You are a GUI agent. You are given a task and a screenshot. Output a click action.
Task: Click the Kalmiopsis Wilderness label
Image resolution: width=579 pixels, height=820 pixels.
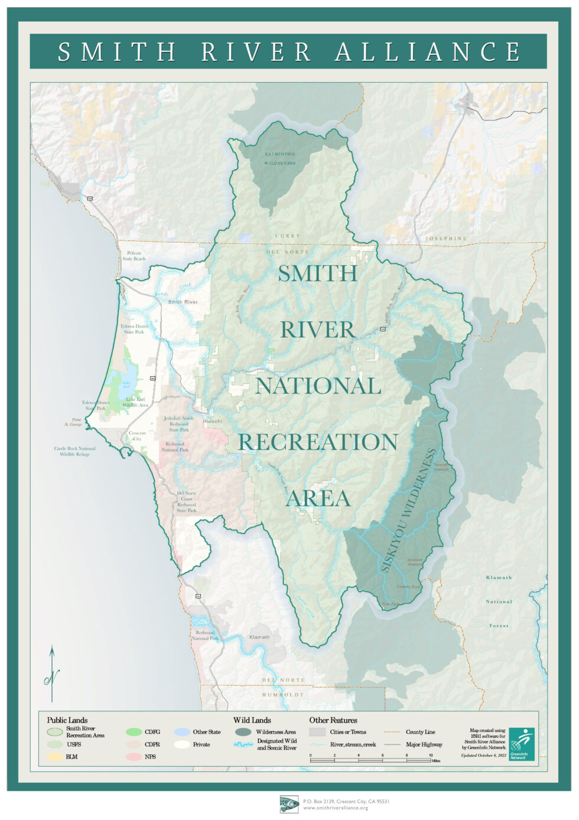pyautogui.click(x=279, y=158)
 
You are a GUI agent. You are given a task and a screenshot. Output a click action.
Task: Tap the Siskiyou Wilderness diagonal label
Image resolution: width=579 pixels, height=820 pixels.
pyautogui.click(x=408, y=510)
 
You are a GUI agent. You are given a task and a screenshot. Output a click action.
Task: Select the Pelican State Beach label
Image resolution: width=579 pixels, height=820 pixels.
pyautogui.click(x=134, y=256)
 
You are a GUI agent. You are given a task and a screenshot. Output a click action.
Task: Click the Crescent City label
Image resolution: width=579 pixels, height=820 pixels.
pyautogui.click(x=137, y=436)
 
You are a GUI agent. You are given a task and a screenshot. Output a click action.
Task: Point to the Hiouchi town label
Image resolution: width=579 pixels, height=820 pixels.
pyautogui.click(x=213, y=421)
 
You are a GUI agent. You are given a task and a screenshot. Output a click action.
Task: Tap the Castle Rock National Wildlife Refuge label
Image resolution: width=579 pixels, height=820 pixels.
pyautogui.click(x=74, y=451)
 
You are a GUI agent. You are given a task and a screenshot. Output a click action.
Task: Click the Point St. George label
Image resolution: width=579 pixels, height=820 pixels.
pyautogui.click(x=73, y=422)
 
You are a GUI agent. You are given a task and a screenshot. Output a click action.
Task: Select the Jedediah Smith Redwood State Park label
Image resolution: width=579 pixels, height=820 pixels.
pyautogui.click(x=179, y=424)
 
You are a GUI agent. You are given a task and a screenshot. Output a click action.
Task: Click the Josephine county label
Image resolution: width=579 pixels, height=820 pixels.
pyautogui.click(x=445, y=239)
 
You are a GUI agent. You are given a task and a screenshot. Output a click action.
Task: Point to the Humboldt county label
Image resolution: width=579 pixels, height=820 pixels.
pyautogui.click(x=283, y=695)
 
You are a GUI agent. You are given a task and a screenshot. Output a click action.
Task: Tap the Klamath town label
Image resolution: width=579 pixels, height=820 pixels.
pyautogui.click(x=259, y=637)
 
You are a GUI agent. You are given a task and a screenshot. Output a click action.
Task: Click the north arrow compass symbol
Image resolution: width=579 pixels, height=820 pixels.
pyautogui.click(x=52, y=673)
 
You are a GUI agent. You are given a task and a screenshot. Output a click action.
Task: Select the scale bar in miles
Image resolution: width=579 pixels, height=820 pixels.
pyautogui.click(x=370, y=760)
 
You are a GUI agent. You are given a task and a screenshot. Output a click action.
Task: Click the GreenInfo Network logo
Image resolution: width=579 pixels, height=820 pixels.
pyautogui.click(x=522, y=744)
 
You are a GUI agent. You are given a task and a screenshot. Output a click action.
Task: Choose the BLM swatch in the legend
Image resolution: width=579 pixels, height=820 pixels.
pyautogui.click(x=55, y=756)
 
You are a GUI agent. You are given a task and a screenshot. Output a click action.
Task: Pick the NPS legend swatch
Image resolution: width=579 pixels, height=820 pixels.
pyautogui.click(x=134, y=756)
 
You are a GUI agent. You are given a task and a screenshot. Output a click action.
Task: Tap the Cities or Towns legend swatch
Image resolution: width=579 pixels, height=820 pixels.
pyautogui.click(x=317, y=732)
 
